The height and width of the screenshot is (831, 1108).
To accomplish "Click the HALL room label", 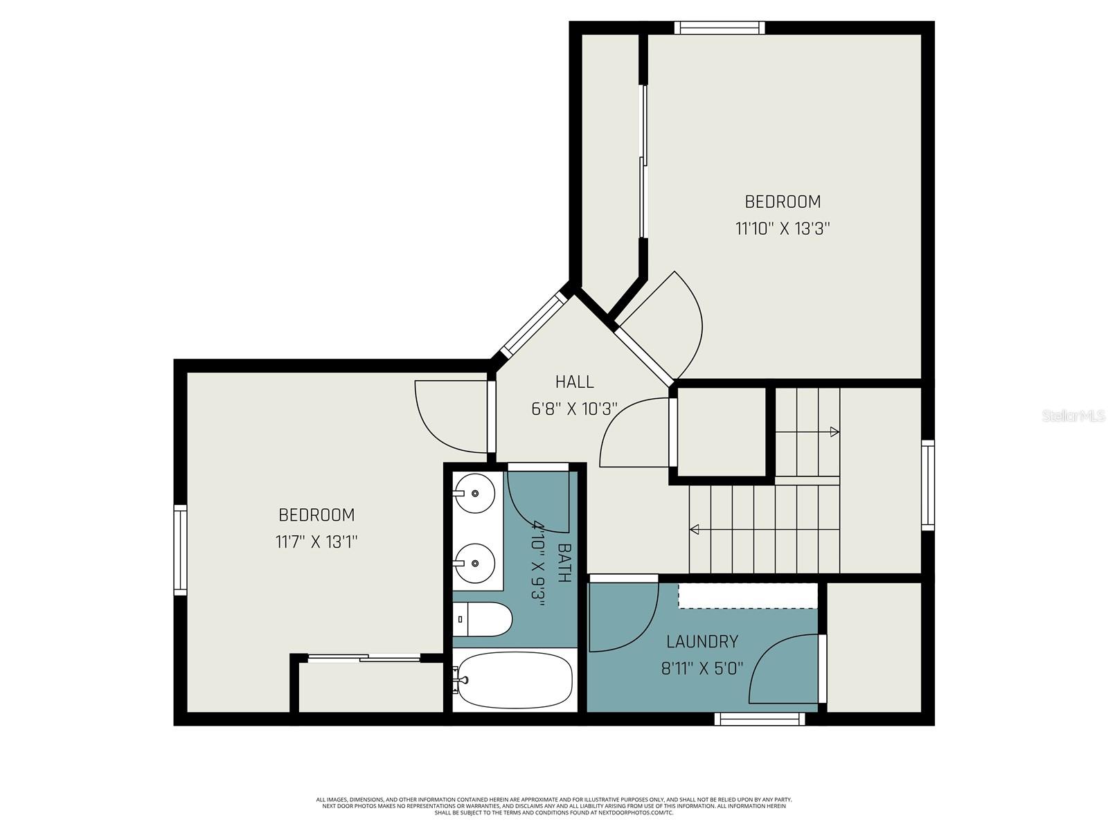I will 574,382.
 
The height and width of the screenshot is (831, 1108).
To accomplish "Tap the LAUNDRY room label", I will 702,641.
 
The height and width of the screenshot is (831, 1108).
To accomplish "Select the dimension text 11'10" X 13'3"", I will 782,229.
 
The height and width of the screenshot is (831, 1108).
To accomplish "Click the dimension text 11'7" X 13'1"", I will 316,542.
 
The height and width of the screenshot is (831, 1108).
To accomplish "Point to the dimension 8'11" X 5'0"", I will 702,668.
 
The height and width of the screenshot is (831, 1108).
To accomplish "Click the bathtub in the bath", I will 516,680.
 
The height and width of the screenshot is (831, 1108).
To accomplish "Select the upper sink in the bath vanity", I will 476,494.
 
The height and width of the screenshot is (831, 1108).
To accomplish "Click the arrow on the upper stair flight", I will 834,432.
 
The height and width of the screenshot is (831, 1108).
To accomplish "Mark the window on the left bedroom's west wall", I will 181,550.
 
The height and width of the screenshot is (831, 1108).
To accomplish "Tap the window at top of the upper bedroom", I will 720,28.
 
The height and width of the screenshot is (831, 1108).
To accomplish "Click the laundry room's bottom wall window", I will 760,720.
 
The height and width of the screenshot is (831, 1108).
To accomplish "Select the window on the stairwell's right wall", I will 927,485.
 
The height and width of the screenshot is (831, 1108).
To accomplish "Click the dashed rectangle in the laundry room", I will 747,596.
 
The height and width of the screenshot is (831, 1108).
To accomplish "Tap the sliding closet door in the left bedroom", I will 364,659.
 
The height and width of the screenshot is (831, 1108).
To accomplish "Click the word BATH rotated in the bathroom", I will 564,563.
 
